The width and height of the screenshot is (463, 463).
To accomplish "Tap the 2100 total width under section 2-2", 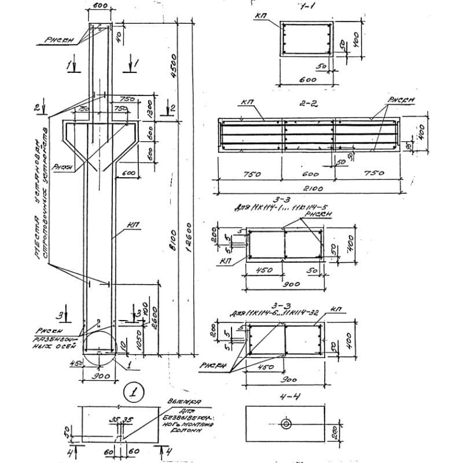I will pyautogui.click(x=310, y=189).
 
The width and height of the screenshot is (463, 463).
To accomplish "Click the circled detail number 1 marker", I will pyautogui.click(x=134, y=392).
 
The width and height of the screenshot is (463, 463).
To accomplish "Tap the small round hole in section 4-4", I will pyautogui.click(x=286, y=424).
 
